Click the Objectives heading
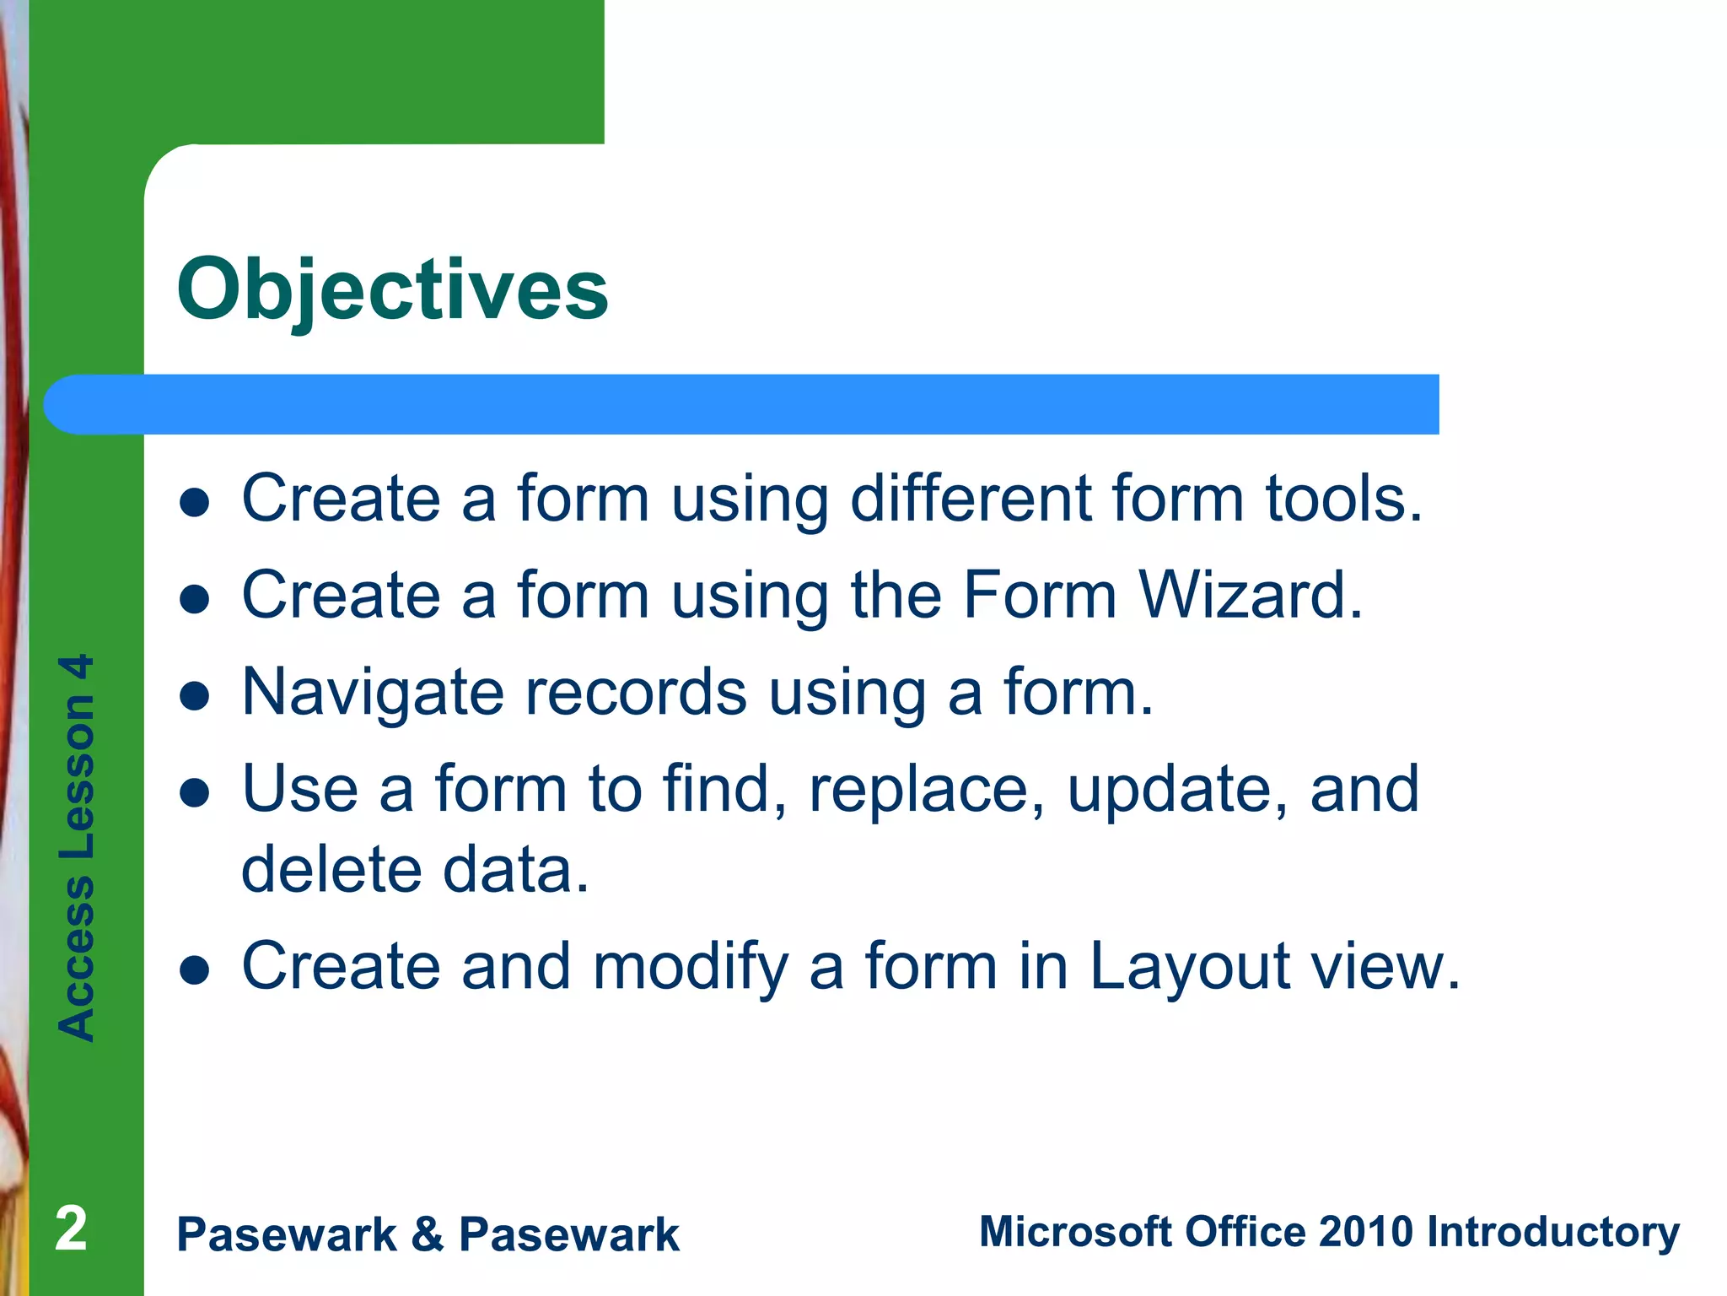(392, 290)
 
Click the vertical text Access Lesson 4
(76, 847)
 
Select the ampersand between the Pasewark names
(428, 1234)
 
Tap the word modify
(691, 967)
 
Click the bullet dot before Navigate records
(195, 697)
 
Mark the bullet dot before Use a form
(195, 793)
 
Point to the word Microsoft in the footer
(1075, 1231)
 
